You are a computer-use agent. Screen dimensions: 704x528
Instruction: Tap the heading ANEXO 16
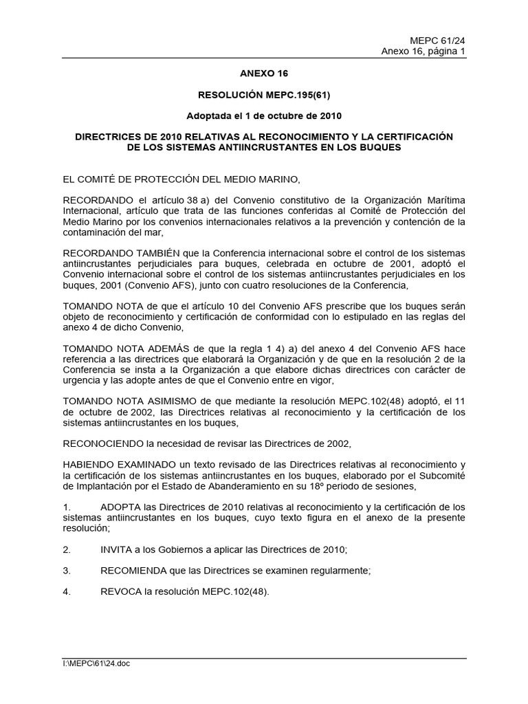coord(264,72)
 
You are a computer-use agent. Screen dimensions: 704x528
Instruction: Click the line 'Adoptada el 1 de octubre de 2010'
coord(264,115)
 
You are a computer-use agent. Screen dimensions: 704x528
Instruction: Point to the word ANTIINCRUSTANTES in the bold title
coord(263,147)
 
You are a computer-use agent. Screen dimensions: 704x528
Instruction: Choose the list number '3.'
coord(67,571)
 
